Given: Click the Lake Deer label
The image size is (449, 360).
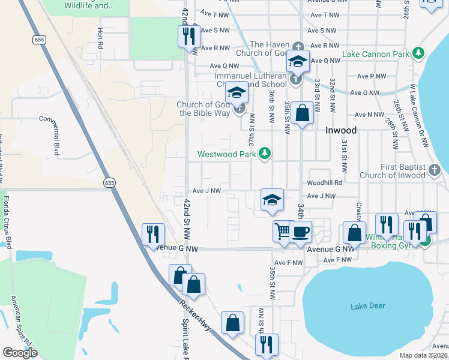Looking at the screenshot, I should click(367, 306).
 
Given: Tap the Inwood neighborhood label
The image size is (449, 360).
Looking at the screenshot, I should click(341, 130).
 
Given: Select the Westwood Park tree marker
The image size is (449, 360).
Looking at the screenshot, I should click(264, 154).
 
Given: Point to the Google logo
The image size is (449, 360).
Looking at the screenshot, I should click(20, 353).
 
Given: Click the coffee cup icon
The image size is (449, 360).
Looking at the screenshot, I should click(300, 230).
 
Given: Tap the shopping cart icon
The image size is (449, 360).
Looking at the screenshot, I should click(282, 230).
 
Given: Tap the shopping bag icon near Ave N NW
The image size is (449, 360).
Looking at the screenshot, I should click(303, 112).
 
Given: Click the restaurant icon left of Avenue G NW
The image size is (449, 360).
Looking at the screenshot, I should click(152, 233).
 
